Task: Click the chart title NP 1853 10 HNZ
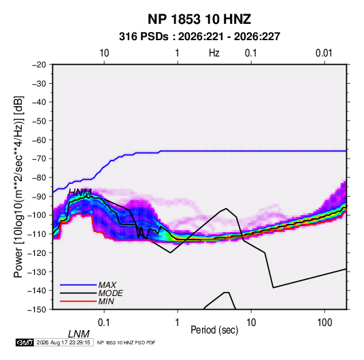(x=199, y=19)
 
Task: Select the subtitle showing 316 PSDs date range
(x=199, y=37)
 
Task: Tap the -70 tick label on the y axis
(x=39, y=159)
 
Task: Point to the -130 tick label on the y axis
(x=37, y=272)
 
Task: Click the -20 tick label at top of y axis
(x=39, y=65)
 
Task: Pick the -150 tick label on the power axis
(x=37, y=310)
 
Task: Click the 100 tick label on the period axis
(x=325, y=323)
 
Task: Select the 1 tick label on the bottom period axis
(x=177, y=323)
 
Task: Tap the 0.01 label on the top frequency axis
(x=324, y=53)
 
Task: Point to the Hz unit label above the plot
(x=214, y=53)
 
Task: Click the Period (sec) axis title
(x=214, y=330)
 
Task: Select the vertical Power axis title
(x=18, y=186)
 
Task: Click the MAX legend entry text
(x=107, y=284)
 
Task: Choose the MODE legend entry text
(x=110, y=293)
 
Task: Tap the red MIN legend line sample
(x=78, y=301)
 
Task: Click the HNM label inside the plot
(x=80, y=193)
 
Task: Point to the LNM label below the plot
(x=79, y=334)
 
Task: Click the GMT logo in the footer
(x=24, y=342)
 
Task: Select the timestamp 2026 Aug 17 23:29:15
(x=63, y=342)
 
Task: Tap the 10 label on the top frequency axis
(x=104, y=53)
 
